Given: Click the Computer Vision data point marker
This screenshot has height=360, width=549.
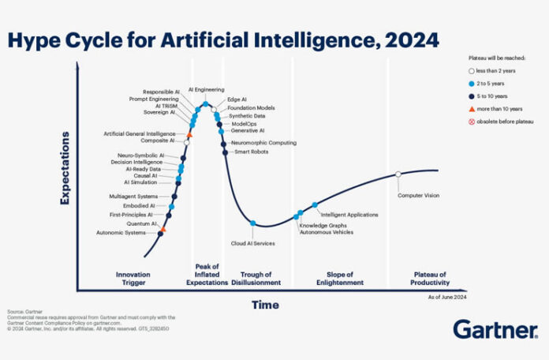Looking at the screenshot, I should coord(398,174).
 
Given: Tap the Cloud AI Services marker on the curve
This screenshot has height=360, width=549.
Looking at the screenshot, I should coord(252,223).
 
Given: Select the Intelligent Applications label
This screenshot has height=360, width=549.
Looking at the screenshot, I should coord(349,214).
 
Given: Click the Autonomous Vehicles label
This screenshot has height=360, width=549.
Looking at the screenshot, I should coord(327,233).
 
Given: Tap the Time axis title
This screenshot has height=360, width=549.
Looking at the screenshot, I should coord(265,305).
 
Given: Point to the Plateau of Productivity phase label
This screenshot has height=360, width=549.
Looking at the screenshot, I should coord(431,278).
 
